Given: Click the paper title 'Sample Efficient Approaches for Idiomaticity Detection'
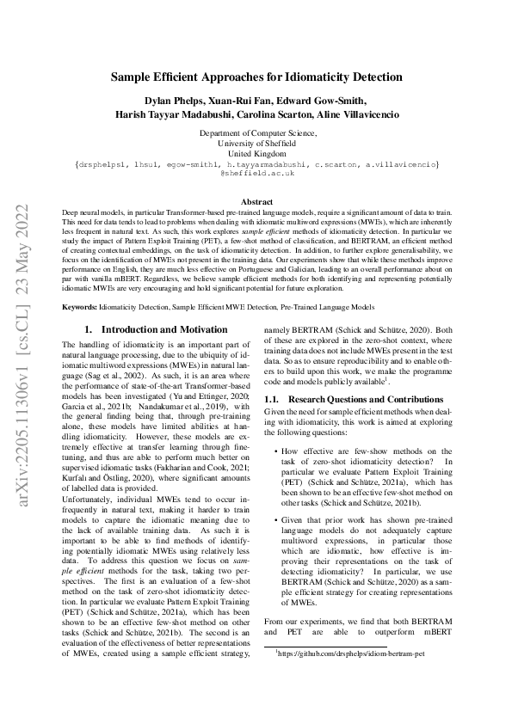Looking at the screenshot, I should click(x=256, y=77).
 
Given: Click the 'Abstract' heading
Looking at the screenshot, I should click(x=256, y=202).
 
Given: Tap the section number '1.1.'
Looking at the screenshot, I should click(x=272, y=399).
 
